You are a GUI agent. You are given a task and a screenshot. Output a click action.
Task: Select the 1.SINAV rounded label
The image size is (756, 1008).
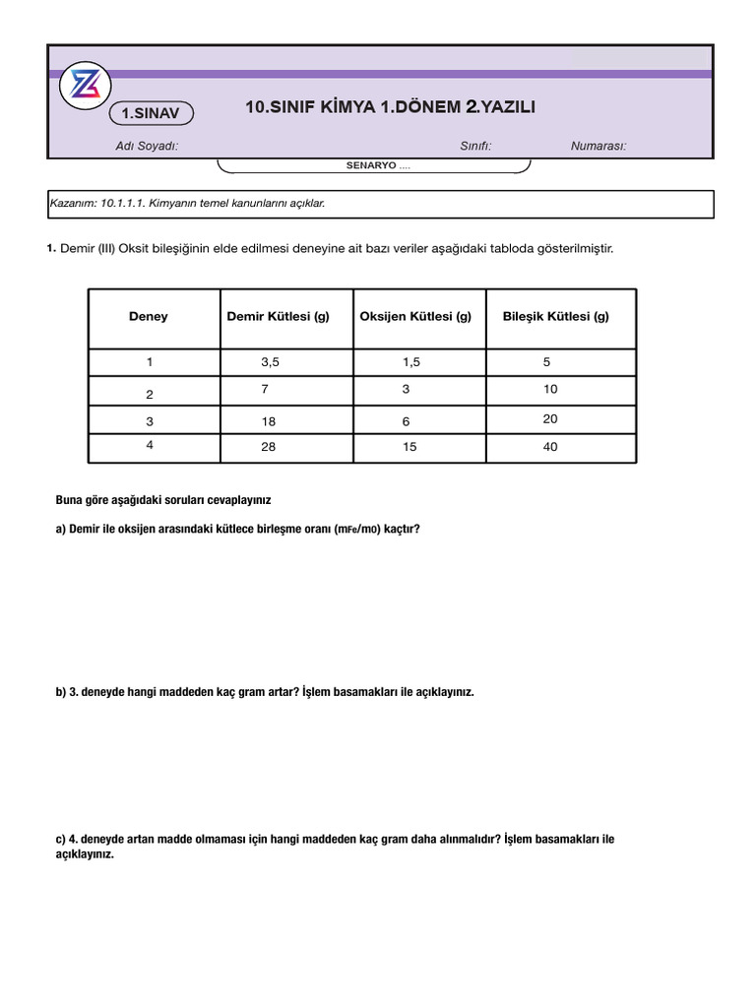(x=151, y=114)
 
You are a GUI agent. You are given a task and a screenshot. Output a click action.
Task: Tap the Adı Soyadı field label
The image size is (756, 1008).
(x=147, y=147)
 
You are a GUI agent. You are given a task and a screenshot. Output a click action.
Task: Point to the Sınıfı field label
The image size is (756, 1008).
(x=475, y=147)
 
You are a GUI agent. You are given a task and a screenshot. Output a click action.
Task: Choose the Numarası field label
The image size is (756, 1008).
(x=598, y=147)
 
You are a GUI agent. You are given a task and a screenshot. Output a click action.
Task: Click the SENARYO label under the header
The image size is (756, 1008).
(x=372, y=165)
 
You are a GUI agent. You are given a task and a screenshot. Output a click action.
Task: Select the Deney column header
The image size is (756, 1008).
(x=149, y=317)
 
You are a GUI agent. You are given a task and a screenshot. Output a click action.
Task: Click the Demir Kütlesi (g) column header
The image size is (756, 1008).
(x=278, y=317)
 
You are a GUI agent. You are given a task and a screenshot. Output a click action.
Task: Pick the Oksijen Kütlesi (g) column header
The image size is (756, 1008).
(x=415, y=317)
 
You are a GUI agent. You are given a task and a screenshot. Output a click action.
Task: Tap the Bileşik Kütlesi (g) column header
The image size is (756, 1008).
(x=556, y=317)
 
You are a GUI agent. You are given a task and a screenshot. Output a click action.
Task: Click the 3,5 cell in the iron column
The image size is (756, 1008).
(x=271, y=362)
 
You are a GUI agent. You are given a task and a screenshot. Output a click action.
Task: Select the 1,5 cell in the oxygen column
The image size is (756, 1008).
(x=410, y=362)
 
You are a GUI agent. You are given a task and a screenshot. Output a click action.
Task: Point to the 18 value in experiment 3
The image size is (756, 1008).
(x=269, y=421)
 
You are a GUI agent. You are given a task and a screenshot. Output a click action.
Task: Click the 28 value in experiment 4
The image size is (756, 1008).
(x=269, y=447)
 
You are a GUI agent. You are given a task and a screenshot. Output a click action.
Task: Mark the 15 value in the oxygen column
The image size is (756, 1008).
(x=409, y=447)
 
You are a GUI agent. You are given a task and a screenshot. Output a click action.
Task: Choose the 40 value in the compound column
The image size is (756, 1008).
(x=550, y=447)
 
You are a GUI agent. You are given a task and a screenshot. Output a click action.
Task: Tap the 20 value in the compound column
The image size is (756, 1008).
(x=550, y=419)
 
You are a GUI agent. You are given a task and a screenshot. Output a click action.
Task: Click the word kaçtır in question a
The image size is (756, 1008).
(x=402, y=530)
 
